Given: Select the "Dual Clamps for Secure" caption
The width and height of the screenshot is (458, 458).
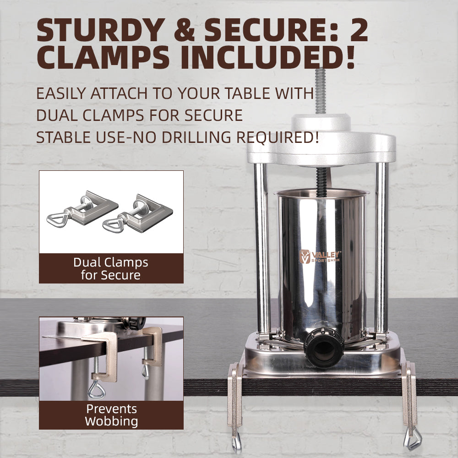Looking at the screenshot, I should [111, 269].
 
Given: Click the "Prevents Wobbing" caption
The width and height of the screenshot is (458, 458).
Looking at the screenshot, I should [111, 415].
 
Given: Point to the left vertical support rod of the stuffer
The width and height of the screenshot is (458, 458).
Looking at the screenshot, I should [262, 247].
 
